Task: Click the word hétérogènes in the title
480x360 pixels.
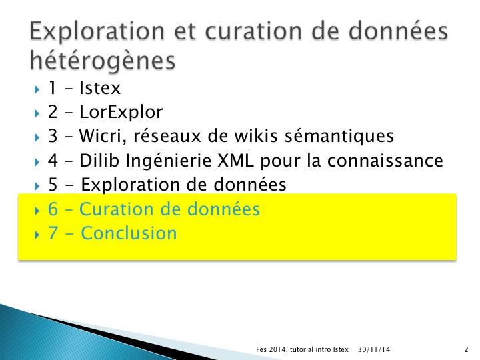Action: (103, 60)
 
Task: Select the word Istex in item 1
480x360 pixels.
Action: (100, 88)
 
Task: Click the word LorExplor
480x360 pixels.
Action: (121, 112)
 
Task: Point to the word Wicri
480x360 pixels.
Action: (103, 135)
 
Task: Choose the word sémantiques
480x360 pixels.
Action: (339, 135)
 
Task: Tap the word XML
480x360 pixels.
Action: (235, 160)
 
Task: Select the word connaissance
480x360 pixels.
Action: (385, 161)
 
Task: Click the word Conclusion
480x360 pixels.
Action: (129, 233)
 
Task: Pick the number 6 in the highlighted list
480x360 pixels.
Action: (53, 209)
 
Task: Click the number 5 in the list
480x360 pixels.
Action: (53, 185)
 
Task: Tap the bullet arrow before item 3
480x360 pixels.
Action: (37, 137)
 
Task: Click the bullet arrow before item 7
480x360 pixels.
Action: (37, 235)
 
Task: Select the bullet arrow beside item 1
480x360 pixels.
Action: (37, 89)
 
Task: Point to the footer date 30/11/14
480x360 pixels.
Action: (374, 349)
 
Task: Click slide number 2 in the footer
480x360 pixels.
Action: (466, 349)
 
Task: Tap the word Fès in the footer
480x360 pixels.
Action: (262, 349)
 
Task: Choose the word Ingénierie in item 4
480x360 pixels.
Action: (169, 161)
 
